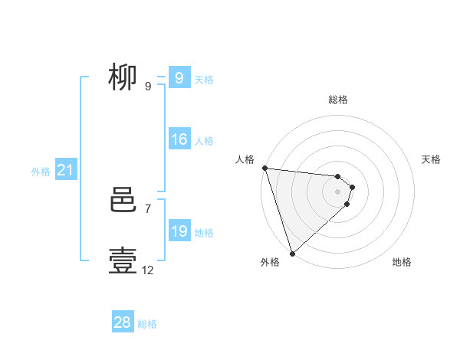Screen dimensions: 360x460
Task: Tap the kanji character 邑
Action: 123,200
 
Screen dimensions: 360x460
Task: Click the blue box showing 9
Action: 179,77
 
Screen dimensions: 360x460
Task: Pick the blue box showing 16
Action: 179,139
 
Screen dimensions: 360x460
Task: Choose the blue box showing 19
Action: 179,231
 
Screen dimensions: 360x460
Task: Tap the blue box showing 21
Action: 65,170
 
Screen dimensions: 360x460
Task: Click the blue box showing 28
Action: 123,322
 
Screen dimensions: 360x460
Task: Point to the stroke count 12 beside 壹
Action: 148,270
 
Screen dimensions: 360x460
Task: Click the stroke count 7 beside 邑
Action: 148,208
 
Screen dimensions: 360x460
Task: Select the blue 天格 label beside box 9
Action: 204,79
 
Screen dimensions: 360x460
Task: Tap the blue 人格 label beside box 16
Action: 204,141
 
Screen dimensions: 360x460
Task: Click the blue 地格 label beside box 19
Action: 204,233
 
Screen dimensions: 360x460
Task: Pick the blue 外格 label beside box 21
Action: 41,172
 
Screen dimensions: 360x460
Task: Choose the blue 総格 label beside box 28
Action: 147,324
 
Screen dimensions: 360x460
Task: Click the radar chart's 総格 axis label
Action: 338,100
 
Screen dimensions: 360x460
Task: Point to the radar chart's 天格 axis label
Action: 431,159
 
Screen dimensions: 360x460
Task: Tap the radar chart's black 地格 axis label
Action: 402,262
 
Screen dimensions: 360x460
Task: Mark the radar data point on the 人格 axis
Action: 264,168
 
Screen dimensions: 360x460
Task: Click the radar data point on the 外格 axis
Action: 292,253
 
